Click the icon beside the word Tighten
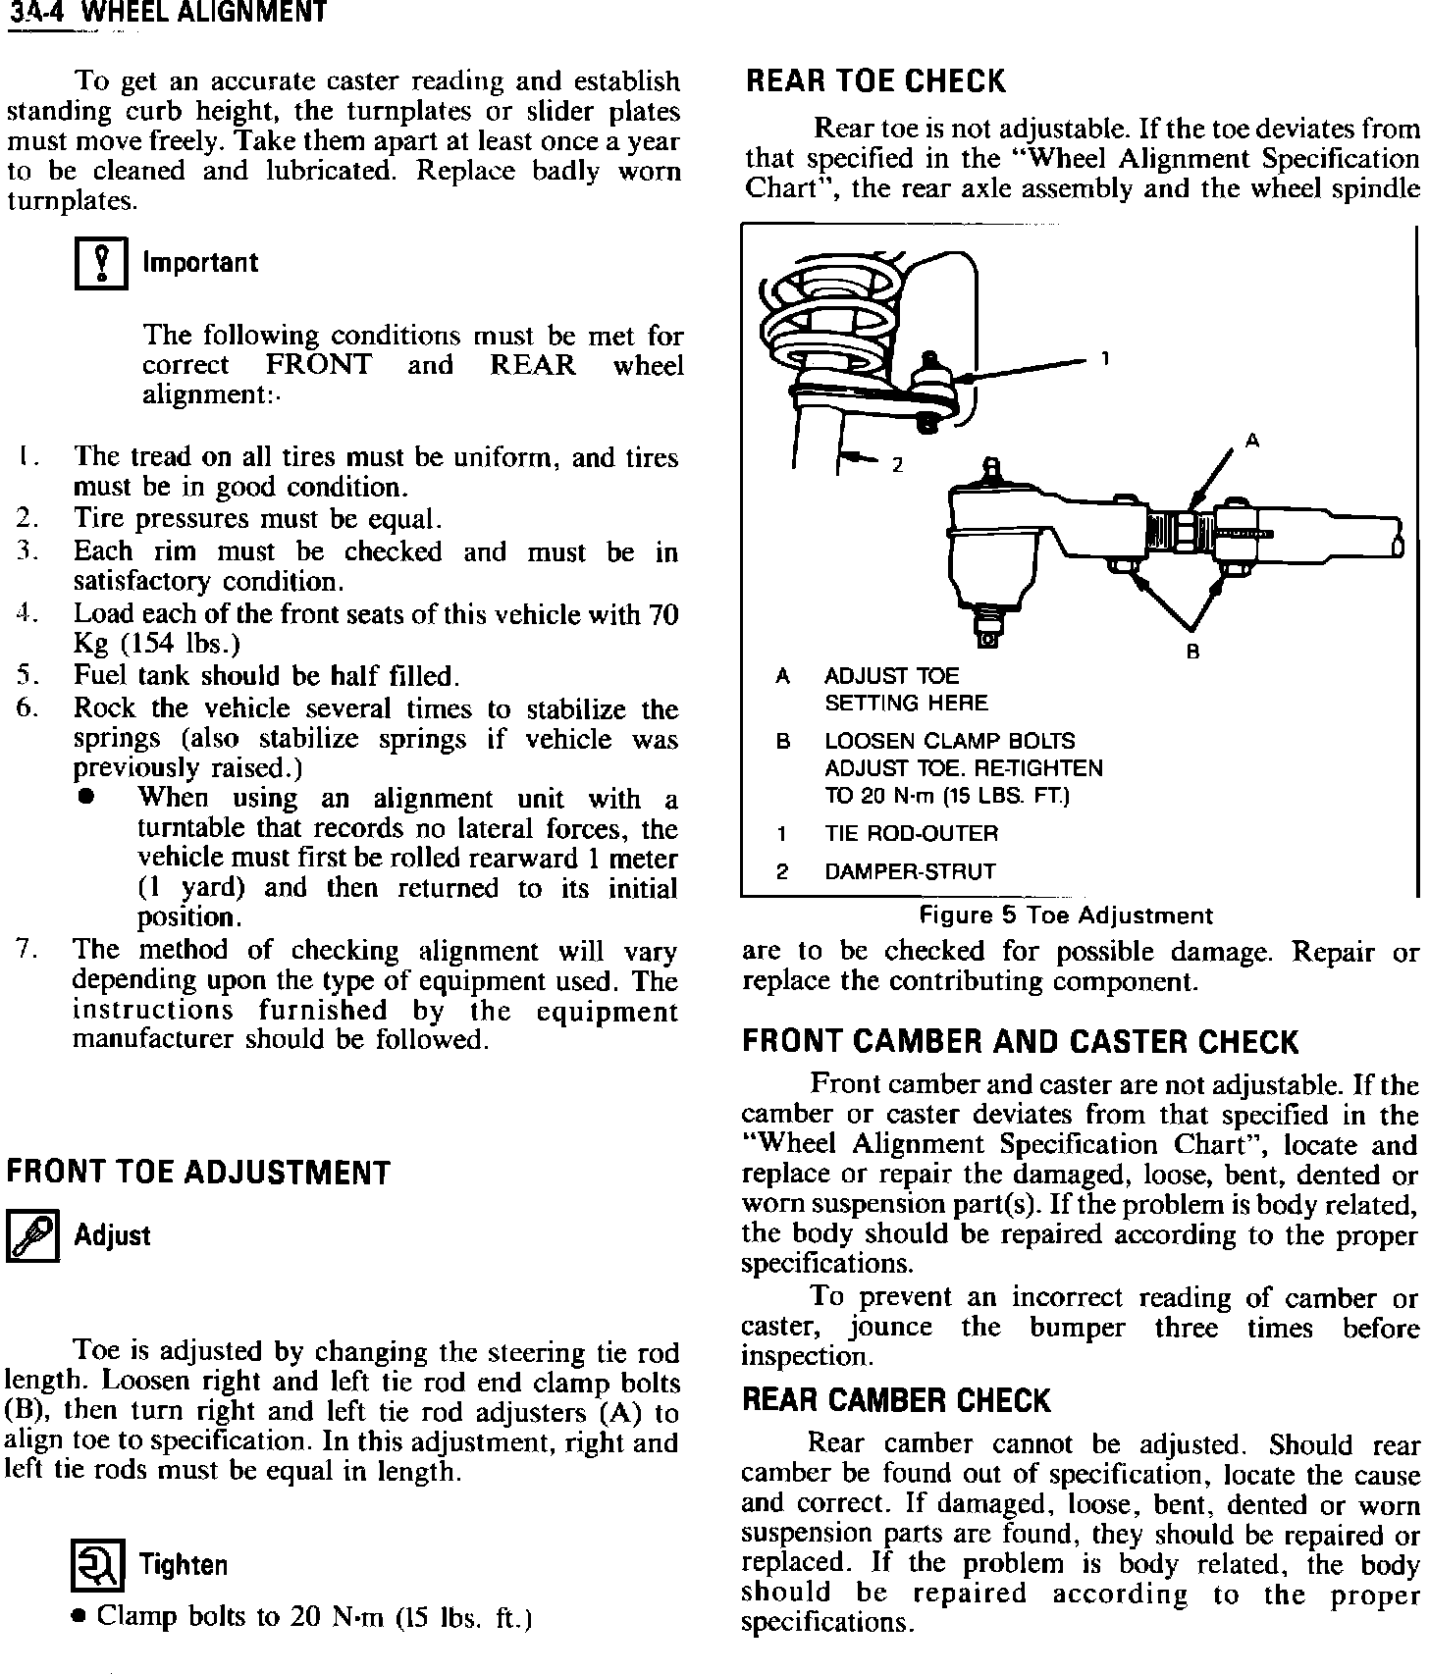coord(99,1566)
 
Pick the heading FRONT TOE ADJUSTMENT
coord(198,1173)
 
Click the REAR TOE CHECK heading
coord(875,81)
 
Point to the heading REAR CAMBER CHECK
coord(896,1400)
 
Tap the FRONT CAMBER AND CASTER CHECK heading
coord(1020,1042)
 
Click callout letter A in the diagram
coord(1251,441)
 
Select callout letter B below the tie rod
coord(1193,651)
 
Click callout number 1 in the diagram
coord(1105,359)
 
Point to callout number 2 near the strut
coord(896,465)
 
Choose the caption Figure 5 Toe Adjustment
coord(1065,916)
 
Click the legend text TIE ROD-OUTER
coord(911,834)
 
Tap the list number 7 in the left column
coord(26,950)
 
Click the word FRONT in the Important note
coord(319,365)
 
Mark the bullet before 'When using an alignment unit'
coord(86,798)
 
